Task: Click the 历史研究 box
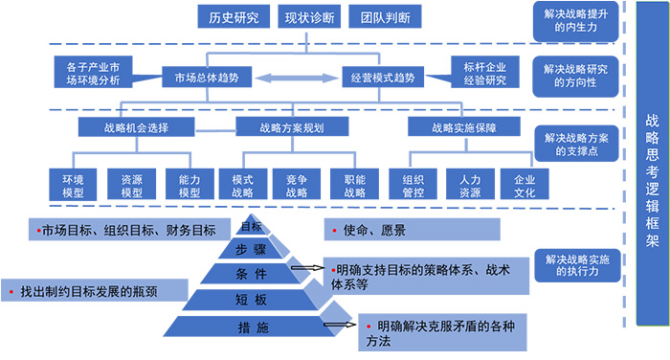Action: (x=234, y=17)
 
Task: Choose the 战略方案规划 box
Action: (x=292, y=127)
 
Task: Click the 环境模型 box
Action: (x=73, y=185)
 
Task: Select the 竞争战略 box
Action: (x=293, y=185)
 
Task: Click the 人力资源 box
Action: (x=469, y=185)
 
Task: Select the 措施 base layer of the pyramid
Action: (x=253, y=328)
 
